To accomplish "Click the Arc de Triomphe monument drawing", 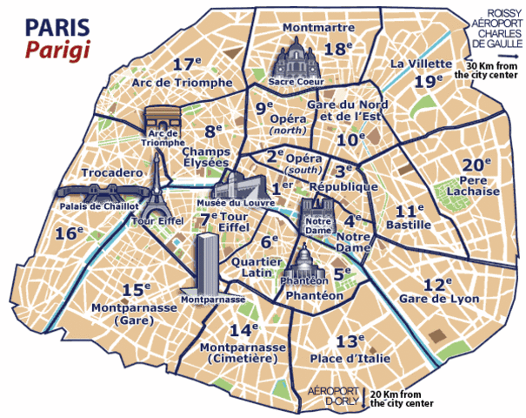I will click(x=163, y=123).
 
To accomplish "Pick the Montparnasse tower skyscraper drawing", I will click(x=209, y=261).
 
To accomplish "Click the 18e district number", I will click(x=336, y=49).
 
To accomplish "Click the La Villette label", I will click(x=421, y=64).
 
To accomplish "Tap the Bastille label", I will click(x=413, y=226).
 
